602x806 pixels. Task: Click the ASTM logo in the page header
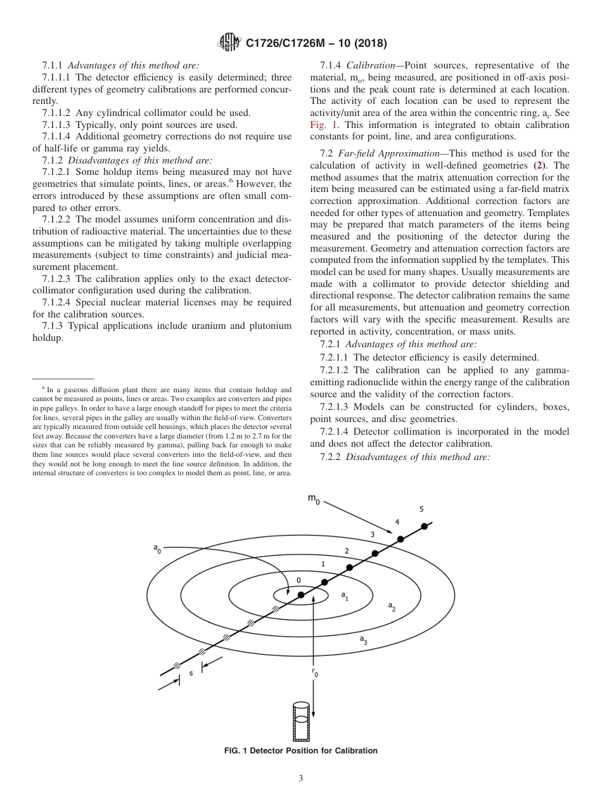coord(229,43)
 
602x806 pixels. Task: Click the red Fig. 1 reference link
coord(323,125)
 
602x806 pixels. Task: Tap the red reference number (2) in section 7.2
coord(539,166)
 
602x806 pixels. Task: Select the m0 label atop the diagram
coord(314,499)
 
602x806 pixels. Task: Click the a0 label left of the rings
coord(157,549)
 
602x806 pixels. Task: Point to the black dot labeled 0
coord(301,594)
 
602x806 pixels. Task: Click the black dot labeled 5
coord(425,525)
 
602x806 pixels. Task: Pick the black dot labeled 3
coord(375,553)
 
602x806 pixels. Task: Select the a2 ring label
coord(392,607)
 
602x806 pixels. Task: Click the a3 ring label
coord(364,640)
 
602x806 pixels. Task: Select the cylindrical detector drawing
coord(301,721)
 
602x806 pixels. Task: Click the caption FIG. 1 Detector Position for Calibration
coord(301,751)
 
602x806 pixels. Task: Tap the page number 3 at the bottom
coord(301,779)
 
